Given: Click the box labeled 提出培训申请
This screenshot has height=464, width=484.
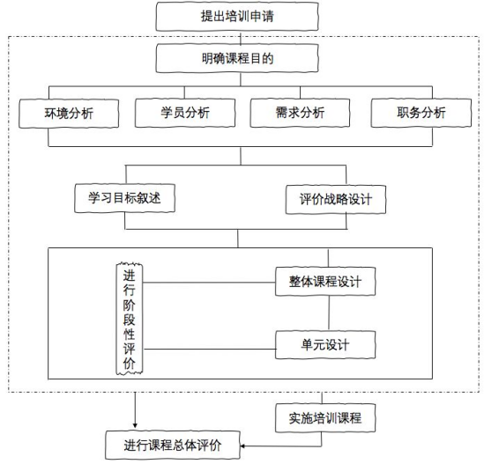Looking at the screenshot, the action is [x=237, y=17].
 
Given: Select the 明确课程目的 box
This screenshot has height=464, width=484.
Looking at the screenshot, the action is [x=237, y=58].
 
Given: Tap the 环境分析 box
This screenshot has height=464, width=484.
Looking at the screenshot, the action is [x=69, y=114].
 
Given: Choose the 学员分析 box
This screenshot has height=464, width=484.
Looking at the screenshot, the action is [x=185, y=113].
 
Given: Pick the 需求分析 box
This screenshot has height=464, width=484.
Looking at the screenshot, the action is [x=300, y=113].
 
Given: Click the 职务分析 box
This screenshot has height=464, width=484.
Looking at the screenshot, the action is [x=421, y=113].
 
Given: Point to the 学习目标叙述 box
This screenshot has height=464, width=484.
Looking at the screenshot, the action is [x=124, y=198].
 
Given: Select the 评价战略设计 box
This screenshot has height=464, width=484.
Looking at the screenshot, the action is [x=336, y=200].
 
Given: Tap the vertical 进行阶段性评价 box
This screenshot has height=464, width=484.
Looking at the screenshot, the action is [x=130, y=319].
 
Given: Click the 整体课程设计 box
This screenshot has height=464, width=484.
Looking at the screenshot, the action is [x=325, y=282].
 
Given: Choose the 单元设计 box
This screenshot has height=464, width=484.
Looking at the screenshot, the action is [x=325, y=344].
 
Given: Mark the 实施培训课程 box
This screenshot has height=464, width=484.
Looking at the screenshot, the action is [x=325, y=418].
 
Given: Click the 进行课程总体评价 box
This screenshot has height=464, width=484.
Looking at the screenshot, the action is [x=173, y=446].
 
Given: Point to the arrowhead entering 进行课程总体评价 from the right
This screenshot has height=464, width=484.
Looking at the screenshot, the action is [x=242, y=446].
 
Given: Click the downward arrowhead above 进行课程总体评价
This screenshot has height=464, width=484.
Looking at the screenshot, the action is [x=135, y=426].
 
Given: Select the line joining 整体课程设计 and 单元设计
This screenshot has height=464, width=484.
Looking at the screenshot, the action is [x=329, y=313].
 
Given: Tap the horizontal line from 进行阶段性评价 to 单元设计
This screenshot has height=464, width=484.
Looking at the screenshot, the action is [x=210, y=350].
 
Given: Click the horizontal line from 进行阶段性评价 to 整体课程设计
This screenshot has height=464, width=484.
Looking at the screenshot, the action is [x=209, y=283].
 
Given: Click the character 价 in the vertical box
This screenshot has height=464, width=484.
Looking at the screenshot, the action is [x=130, y=364].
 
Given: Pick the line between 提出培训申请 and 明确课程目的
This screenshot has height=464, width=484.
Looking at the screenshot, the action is [x=241, y=38].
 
